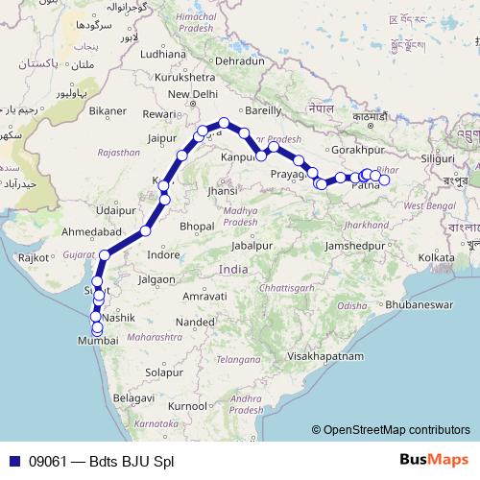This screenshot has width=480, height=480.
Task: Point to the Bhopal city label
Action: (197, 226)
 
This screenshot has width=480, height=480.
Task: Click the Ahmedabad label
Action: (89, 233)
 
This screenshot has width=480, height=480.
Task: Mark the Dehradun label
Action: (240, 60)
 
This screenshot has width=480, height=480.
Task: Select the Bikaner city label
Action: (108, 111)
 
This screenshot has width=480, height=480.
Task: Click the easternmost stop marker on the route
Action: (384, 180)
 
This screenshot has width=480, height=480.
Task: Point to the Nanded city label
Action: (194, 322)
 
